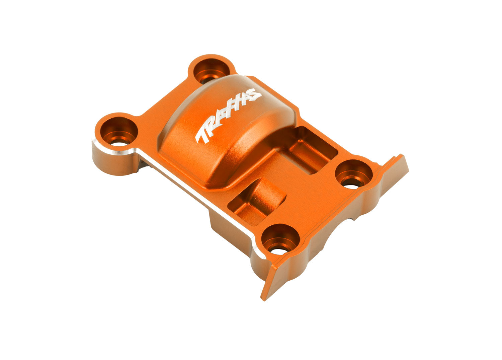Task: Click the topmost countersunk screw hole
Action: pos(210,71)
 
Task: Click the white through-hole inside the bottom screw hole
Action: pos(278,250)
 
